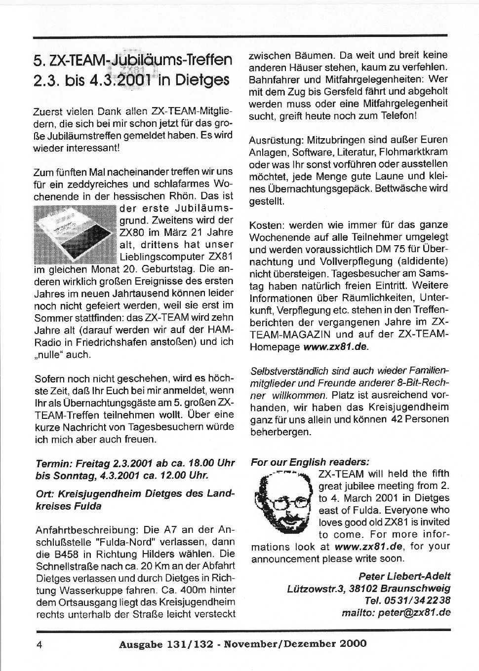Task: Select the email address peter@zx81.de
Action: click(414, 613)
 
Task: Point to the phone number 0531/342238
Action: click(421, 600)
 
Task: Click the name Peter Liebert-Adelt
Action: click(404, 576)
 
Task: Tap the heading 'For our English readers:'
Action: click(310, 462)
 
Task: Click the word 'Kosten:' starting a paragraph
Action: click(266, 225)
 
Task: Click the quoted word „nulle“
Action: click(54, 354)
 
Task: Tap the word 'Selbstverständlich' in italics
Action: click(287, 371)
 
